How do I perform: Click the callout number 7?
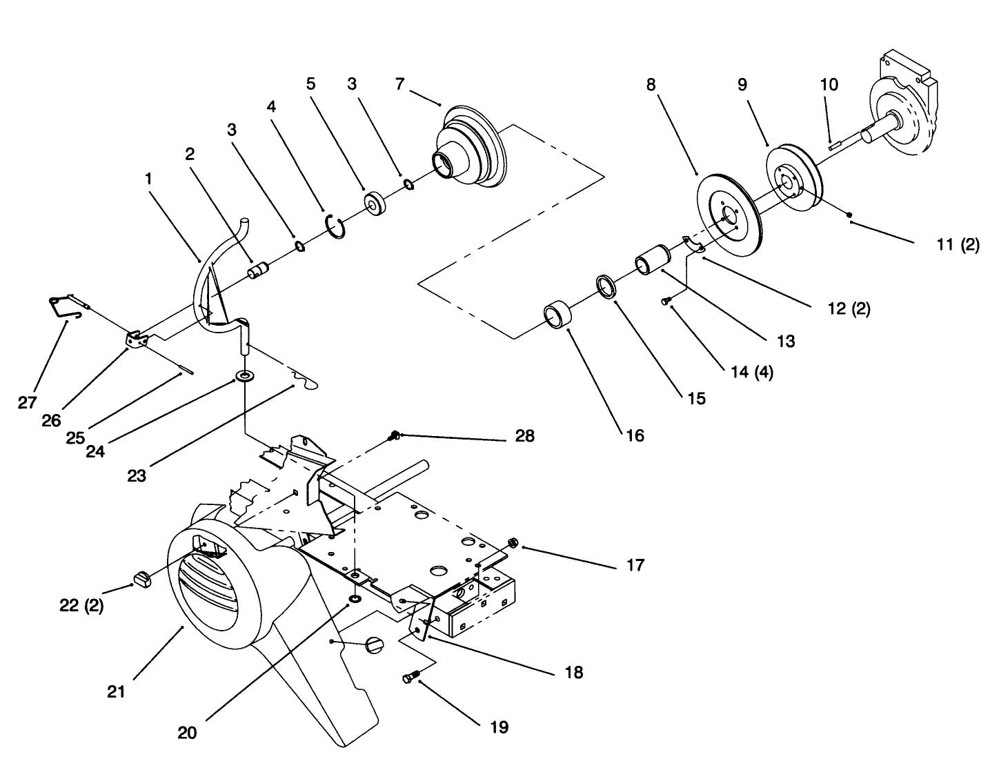[x=400, y=84]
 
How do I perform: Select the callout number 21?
[x=117, y=690]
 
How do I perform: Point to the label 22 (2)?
[x=81, y=607]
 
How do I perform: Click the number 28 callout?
[x=524, y=436]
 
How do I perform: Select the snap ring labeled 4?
[x=335, y=226]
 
